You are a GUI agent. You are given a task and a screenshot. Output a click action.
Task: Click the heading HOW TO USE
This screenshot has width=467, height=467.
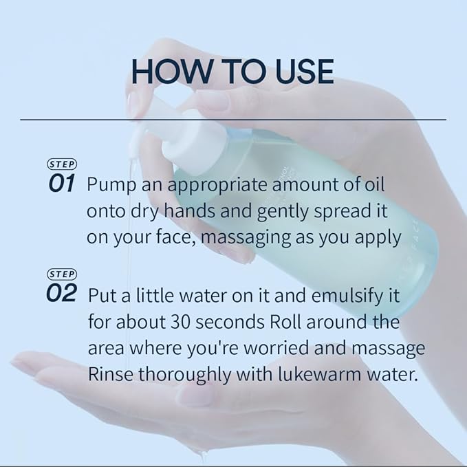233,72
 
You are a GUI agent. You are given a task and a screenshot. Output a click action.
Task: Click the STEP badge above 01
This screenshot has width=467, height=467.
61,164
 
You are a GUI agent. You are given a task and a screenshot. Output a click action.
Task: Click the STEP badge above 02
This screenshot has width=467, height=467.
61,274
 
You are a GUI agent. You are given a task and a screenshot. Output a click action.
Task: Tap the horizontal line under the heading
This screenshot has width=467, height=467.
233,120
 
